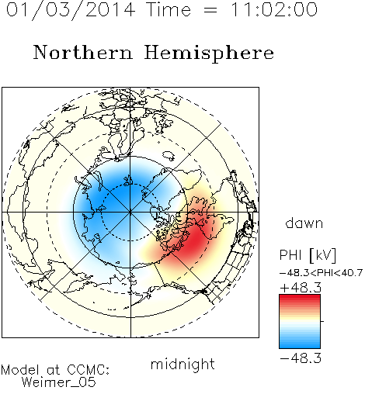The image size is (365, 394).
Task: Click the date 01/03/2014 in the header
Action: pos(71,10)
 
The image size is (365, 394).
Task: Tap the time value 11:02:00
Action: pos(273,9)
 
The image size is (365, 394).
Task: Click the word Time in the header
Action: pos(169,9)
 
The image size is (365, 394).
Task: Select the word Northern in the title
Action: pos(82,53)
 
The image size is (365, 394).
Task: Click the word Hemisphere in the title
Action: pos(209,54)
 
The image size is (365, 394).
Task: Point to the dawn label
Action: pos(304,223)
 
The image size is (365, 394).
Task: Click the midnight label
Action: pos(182,364)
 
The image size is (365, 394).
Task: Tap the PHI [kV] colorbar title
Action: pos(308,255)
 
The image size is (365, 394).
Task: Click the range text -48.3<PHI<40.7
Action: pos(321,273)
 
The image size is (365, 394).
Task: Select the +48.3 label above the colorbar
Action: pos(301,288)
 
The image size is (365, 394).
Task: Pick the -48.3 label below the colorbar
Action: pos(301,358)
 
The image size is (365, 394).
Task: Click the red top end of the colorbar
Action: pos(300,297)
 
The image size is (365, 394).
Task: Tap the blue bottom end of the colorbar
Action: pos(300,346)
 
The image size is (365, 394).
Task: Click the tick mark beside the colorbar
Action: pos(322,321)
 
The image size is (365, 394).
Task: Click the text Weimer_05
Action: pos(58,382)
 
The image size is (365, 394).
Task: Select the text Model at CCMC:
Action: pos(55,370)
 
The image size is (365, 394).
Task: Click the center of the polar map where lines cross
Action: pos(130,213)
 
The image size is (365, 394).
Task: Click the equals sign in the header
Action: pos(210,10)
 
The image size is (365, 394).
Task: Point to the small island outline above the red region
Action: pos(169,155)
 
